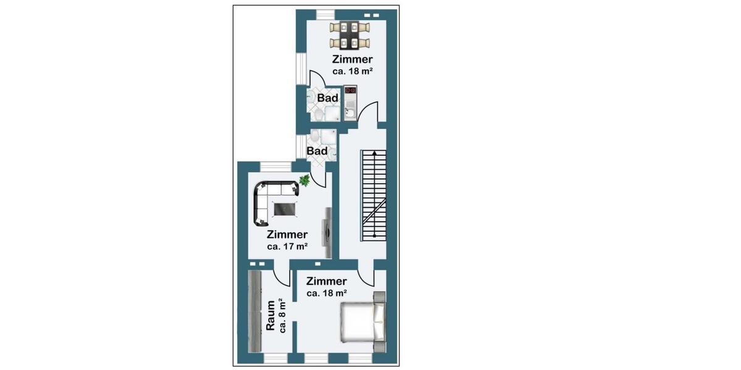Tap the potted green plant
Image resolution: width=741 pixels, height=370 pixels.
pyautogui.click(x=304, y=180)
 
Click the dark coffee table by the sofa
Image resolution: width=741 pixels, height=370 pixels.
pyautogui.click(x=285, y=209)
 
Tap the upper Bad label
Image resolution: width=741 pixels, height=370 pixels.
pyautogui.click(x=327, y=98)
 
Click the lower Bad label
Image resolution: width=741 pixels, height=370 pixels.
pyautogui.click(x=317, y=150)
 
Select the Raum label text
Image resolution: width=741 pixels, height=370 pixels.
pyautogui.click(x=270, y=315)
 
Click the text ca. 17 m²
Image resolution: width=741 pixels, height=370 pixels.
pyautogui.click(x=287, y=246)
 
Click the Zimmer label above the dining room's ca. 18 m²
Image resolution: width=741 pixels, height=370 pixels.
pyautogui.click(x=352, y=60)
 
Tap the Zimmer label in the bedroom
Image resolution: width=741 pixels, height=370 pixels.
pyautogui.click(x=326, y=281)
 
